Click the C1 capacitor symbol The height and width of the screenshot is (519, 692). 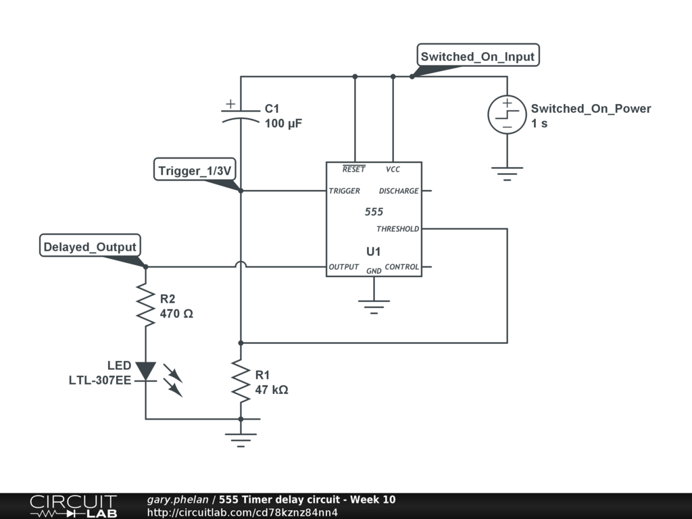tap(241, 114)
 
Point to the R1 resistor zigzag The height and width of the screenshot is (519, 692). tap(241, 381)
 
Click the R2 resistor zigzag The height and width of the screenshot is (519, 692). tap(146, 305)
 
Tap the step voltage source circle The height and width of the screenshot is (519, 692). tap(507, 114)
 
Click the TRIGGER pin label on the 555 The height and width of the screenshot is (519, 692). tap(344, 191)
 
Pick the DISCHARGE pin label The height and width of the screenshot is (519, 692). tap(399, 191)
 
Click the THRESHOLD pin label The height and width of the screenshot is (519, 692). tap(397, 228)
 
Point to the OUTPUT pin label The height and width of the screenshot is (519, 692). tap(343, 266)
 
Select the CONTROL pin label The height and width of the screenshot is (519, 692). tap(401, 266)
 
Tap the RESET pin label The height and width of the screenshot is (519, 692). tap(353, 168)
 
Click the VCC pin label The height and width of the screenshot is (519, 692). tap(393, 169)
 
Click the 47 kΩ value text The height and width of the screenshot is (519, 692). tap(272, 390)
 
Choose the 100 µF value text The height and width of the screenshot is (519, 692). tap(283, 123)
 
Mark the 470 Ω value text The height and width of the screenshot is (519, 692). tap(176, 314)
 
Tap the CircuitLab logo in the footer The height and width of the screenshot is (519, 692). tap(73, 505)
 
